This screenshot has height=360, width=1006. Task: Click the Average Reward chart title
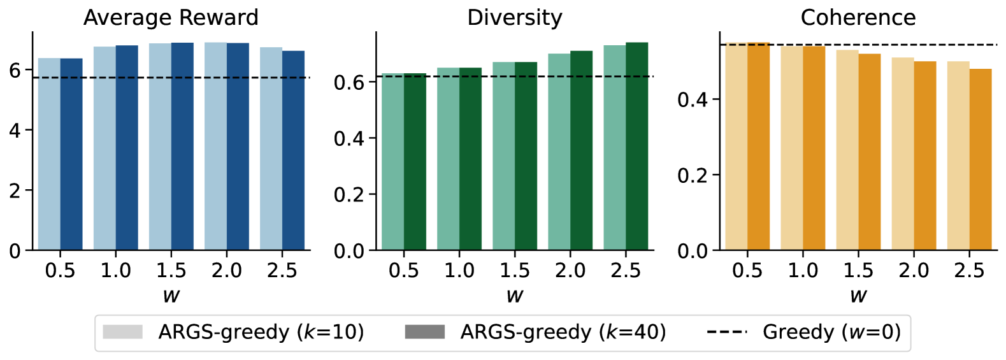click(x=171, y=17)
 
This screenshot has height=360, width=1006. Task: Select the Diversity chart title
click(x=514, y=17)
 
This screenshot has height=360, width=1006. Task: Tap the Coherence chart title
click(x=858, y=17)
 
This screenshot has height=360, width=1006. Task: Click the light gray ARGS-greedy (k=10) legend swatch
click(x=122, y=332)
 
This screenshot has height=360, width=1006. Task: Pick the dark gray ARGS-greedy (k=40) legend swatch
click(x=424, y=332)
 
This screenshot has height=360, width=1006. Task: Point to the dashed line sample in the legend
click(x=726, y=332)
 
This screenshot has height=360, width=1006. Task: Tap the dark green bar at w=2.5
click(x=636, y=146)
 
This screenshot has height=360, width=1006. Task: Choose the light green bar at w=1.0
click(x=448, y=159)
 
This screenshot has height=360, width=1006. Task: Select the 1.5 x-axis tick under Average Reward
click(x=171, y=271)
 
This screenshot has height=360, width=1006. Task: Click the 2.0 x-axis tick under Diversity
click(x=570, y=271)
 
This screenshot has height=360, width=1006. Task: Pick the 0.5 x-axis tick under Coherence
click(x=747, y=271)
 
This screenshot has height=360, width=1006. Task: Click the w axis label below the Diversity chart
click(x=514, y=295)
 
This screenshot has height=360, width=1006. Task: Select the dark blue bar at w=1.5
click(x=182, y=147)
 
